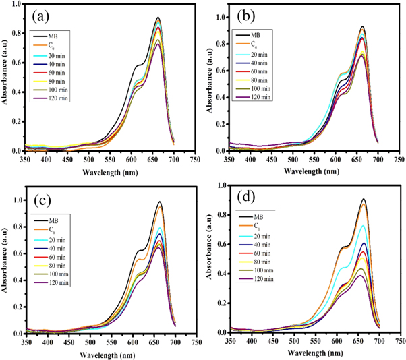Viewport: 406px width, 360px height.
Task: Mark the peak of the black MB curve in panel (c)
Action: coord(159,202)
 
